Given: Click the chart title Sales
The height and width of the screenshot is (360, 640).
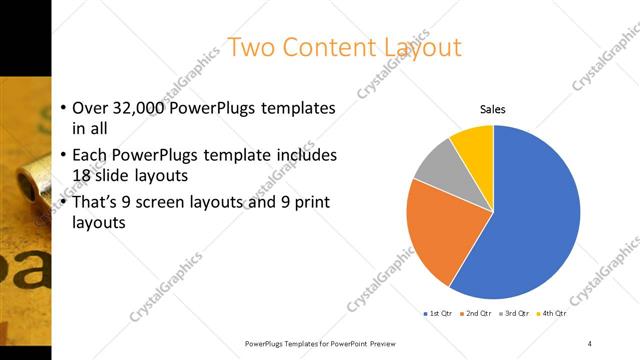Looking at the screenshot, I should coord(492,108).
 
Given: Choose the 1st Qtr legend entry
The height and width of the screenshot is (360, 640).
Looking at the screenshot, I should coord(437,314).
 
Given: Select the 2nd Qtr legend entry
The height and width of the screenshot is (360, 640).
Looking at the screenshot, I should coord(477,314).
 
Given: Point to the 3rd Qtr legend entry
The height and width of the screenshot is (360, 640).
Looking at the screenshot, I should coord(514,314).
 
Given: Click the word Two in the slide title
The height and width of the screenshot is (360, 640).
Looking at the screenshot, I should coord(250,47).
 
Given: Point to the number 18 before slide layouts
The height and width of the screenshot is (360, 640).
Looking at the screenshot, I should coord(84,175).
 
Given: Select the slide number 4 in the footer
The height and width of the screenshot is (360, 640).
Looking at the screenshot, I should coord(590,343).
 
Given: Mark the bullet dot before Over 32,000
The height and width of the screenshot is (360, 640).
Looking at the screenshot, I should coord(63,108).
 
